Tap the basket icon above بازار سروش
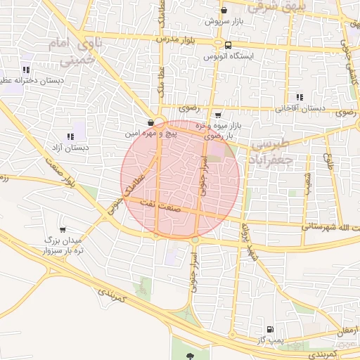coord(224,11)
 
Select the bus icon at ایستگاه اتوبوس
coord(227,44)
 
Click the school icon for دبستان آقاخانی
coord(300,97)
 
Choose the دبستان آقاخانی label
coord(300,108)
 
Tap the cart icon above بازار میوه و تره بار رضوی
coord(218,115)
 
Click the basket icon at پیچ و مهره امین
coord(151,122)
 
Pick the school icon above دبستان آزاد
coord(70,136)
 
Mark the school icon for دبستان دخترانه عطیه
coord(26,70)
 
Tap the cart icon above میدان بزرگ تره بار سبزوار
coord(63,229)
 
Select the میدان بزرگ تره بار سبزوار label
coord(63,245)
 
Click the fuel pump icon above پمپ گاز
coord(269,328)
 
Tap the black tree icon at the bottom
coord(189,356)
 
